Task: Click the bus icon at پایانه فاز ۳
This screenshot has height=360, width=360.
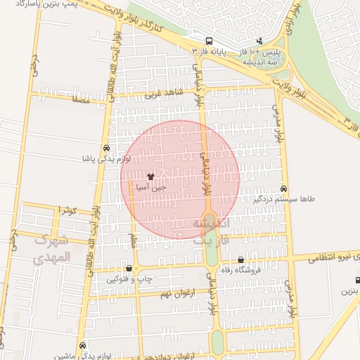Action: pos(208,41)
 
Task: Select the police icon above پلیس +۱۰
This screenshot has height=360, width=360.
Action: pos(259,41)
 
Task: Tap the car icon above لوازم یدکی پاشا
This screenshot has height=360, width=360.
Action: pos(105,148)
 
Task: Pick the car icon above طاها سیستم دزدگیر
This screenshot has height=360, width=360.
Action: pos(283,188)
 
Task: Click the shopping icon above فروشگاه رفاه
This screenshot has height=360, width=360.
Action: pos(240,260)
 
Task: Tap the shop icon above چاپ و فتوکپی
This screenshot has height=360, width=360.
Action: pos(129,269)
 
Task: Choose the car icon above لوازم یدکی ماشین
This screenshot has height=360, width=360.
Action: pos(83,346)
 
